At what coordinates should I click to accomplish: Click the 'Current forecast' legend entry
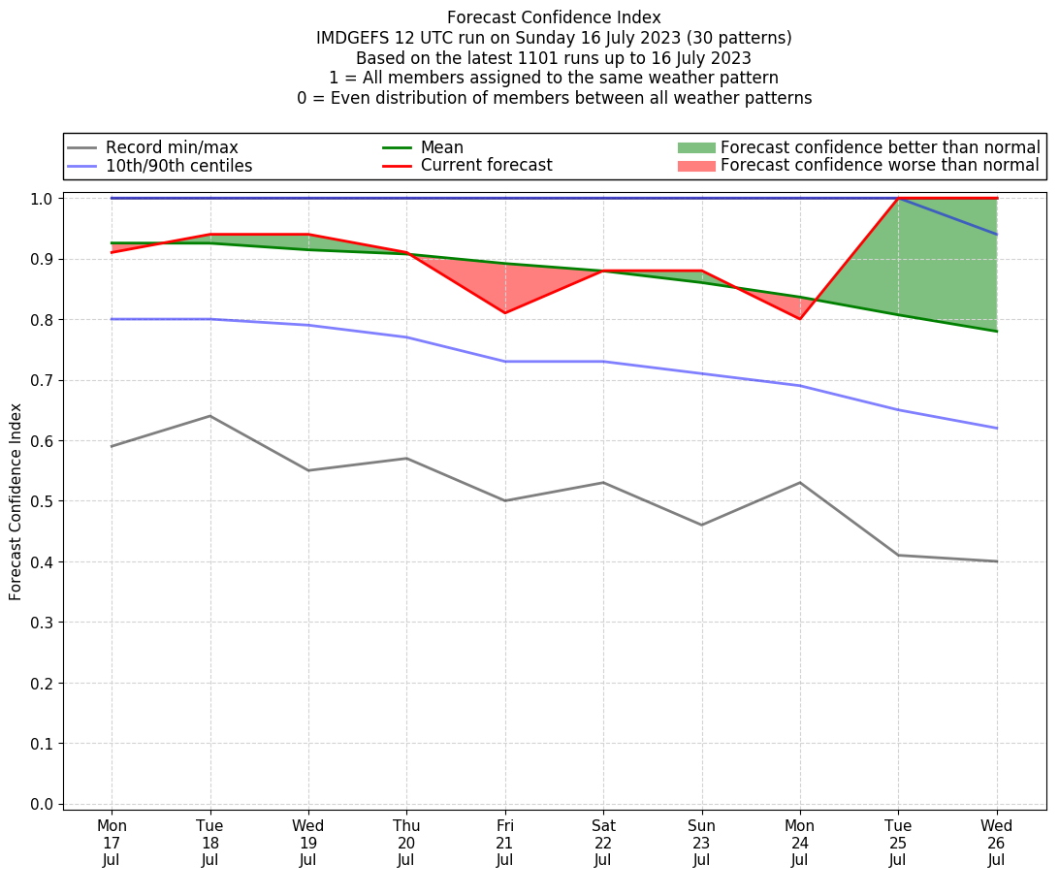(x=486, y=166)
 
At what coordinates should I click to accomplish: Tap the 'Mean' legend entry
(x=441, y=147)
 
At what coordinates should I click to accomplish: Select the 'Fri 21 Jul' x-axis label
(x=504, y=843)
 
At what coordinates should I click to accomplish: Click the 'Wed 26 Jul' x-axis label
(x=996, y=843)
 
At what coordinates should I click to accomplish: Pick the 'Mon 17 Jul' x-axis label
(x=112, y=843)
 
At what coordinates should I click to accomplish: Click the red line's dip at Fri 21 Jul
(x=504, y=312)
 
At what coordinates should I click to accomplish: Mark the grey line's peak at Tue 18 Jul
(x=209, y=416)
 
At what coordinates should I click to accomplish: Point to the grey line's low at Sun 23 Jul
(x=701, y=525)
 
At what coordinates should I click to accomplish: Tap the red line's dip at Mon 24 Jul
(x=799, y=318)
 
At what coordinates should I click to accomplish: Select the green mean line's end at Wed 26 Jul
(x=996, y=331)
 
